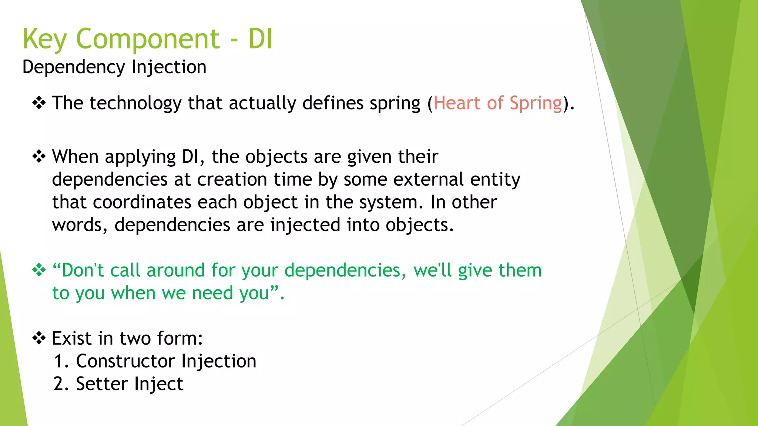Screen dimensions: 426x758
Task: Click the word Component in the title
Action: (x=148, y=39)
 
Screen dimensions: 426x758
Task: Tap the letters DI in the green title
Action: (x=260, y=39)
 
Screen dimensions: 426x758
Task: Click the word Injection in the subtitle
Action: (x=169, y=68)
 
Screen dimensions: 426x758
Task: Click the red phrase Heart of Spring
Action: (x=498, y=103)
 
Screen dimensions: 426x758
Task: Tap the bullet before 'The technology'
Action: (x=39, y=103)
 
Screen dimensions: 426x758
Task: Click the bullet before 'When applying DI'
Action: (x=39, y=157)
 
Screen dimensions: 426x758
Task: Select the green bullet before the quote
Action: (x=39, y=270)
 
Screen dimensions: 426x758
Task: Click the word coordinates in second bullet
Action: (x=142, y=202)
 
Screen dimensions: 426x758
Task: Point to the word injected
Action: (x=305, y=225)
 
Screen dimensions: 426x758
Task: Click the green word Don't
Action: (x=83, y=270)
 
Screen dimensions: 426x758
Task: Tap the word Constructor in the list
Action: (x=125, y=361)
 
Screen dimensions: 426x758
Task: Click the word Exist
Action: (x=71, y=338)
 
